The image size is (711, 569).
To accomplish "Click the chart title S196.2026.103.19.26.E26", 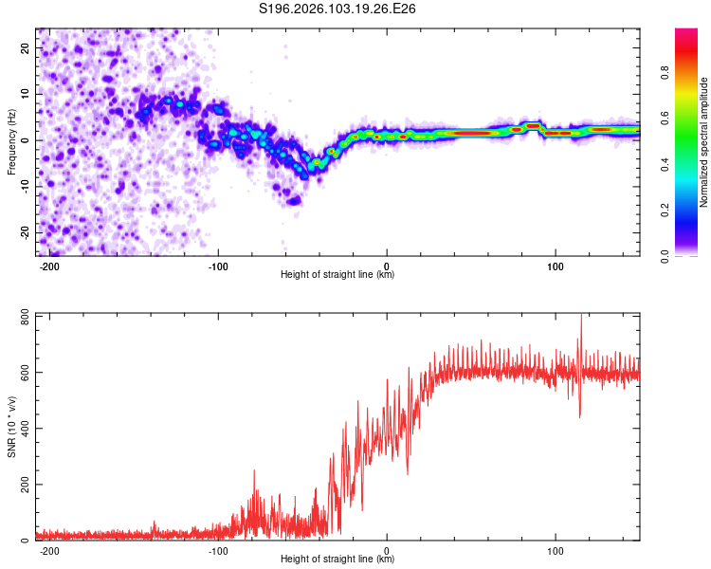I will [338, 9].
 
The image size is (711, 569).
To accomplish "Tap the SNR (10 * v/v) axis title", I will [11, 427].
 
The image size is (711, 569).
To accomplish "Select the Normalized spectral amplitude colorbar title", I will [704, 142].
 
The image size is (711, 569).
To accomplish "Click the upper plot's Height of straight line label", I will [337, 275].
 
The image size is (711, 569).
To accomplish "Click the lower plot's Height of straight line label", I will [337, 560].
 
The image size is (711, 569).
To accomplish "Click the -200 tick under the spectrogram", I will [50, 266].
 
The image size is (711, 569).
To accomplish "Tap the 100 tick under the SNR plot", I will [555, 550].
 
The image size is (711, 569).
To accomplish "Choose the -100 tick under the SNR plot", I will [218, 550].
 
